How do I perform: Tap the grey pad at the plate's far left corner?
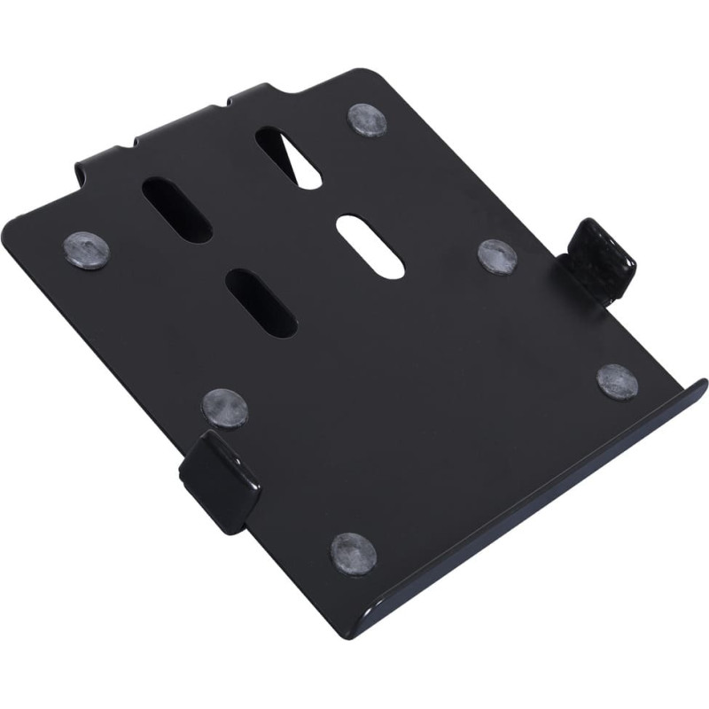click(x=86, y=249)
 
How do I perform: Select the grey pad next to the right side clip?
click(x=497, y=255)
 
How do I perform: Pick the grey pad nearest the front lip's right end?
click(x=617, y=381)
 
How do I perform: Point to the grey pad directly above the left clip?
click(x=224, y=407)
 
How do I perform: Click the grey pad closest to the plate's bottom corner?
click(x=353, y=551)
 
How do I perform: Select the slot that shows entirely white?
click(x=371, y=245)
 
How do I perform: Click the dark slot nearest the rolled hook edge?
click(x=176, y=209)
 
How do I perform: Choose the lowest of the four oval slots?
click(x=261, y=302)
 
